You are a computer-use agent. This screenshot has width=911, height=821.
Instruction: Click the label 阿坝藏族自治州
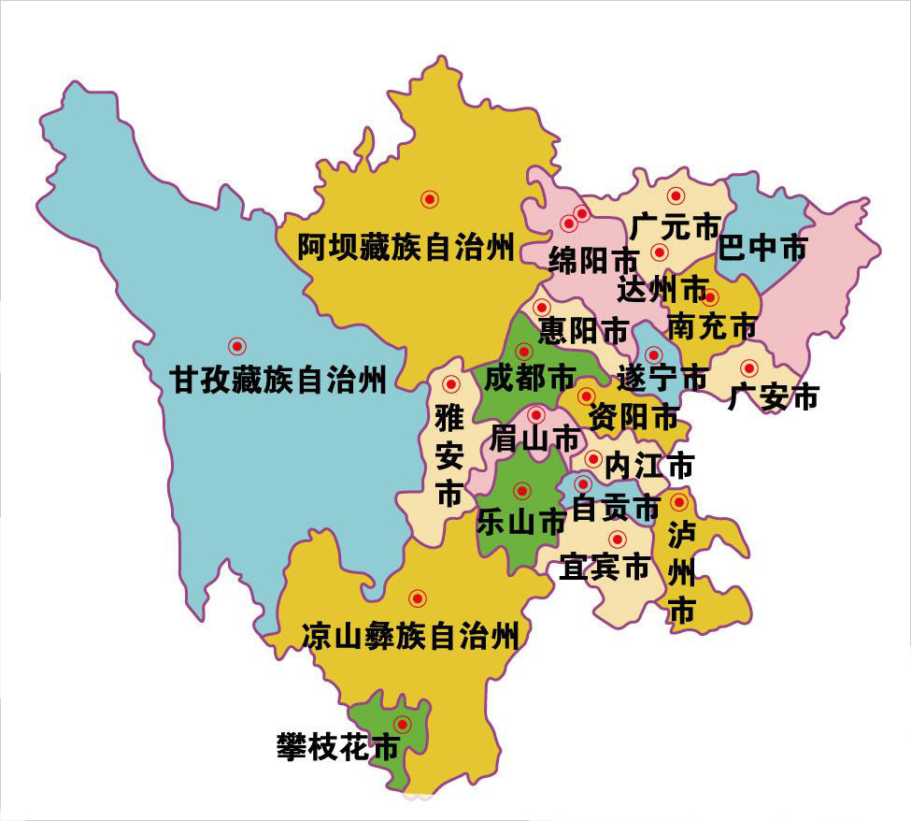[x=406, y=249]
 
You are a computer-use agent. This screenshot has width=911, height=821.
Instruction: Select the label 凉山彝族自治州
[x=409, y=638]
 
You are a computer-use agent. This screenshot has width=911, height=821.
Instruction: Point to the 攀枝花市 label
[x=338, y=746]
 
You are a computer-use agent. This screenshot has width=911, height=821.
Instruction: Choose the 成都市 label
[x=530, y=378]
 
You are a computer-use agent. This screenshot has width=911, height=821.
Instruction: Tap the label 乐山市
[x=521, y=520]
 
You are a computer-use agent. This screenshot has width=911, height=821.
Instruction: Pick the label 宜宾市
[x=604, y=567]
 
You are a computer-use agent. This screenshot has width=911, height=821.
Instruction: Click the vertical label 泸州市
[x=681, y=572]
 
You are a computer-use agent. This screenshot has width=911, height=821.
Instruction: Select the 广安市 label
[x=773, y=397]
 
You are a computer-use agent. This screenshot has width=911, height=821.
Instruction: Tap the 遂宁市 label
[x=662, y=379]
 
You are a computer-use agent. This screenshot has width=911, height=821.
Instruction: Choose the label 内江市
[x=649, y=464]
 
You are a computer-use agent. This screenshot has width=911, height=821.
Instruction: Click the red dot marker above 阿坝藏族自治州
[x=429, y=198]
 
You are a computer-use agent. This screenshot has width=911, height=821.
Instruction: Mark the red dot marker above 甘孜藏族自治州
[x=235, y=345]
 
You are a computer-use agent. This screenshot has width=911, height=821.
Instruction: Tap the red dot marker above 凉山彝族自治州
[x=417, y=598]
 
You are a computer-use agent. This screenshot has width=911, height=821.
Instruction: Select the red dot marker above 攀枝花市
[x=403, y=723]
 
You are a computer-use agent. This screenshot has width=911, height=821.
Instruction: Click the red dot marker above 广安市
[x=748, y=367]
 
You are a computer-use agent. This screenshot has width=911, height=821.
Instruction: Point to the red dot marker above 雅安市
[x=450, y=383]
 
